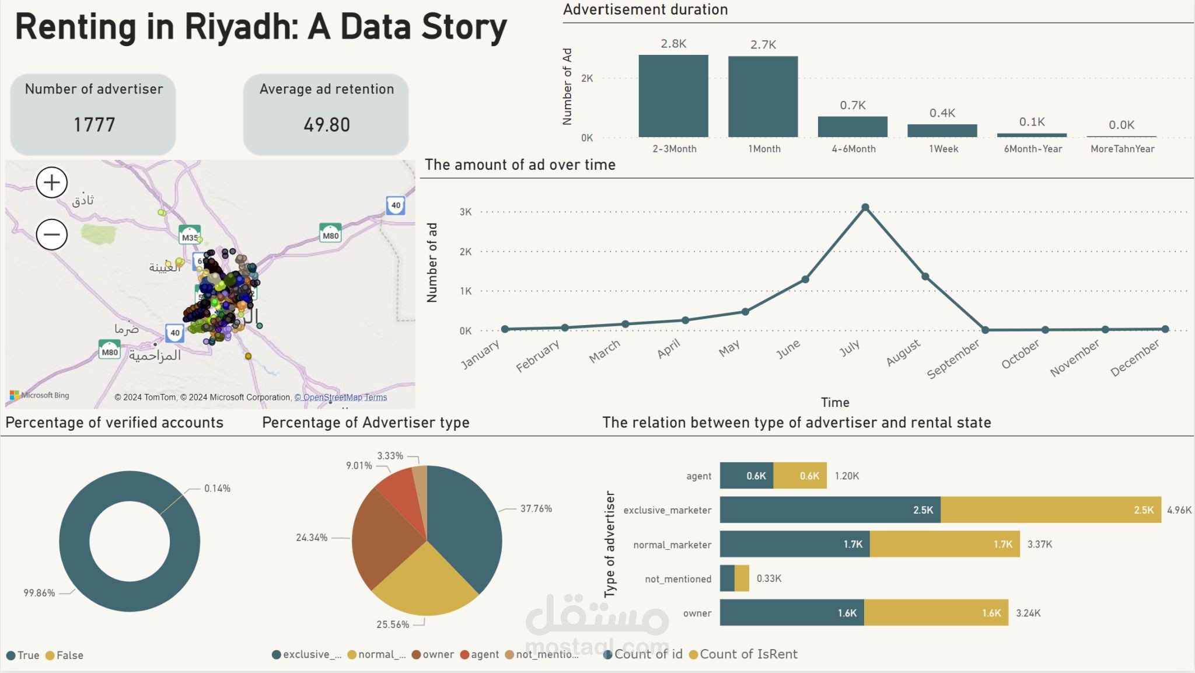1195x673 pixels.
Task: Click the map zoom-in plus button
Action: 52,183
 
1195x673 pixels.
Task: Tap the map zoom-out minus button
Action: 52,235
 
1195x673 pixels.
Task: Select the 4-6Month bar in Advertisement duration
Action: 852,127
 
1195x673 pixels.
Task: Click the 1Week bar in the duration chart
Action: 942,131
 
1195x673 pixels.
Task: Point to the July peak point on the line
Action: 865,207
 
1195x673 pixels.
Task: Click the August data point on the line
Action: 925,277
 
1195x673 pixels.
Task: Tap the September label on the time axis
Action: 953,359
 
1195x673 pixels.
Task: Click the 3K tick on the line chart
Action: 466,212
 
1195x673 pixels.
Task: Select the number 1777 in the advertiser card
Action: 94,124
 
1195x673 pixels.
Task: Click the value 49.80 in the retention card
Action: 327,124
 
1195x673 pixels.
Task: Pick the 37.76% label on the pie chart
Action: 536,508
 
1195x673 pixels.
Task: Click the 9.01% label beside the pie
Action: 359,465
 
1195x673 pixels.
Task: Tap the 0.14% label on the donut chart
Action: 217,488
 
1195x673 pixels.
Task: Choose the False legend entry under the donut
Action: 65,655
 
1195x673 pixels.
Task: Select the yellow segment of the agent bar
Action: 800,476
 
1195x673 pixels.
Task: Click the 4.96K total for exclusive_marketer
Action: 1179,510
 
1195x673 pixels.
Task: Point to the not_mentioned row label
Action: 678,579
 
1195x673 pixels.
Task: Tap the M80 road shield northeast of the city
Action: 330,233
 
